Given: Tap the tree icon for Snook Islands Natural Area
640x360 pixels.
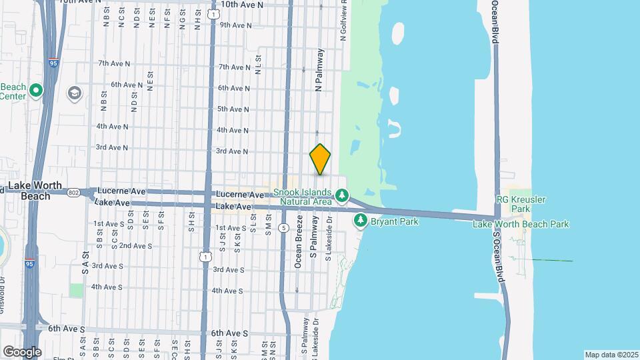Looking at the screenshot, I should point(342,195).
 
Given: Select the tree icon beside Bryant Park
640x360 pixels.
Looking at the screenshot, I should point(361,219).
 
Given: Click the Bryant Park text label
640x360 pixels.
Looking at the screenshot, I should point(395,221).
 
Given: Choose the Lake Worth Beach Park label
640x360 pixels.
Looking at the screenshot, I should point(521,224).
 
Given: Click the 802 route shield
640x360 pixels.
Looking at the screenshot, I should point(73,191).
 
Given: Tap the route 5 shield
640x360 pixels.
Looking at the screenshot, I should point(284,227).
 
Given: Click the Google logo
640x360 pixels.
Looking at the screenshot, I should point(22,351).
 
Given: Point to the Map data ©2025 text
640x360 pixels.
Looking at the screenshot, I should point(611,355).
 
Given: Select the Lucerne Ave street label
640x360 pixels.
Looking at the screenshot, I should point(120,191).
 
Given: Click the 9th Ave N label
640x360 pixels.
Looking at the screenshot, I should point(235,25).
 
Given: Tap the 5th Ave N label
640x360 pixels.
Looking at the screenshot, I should point(233,109).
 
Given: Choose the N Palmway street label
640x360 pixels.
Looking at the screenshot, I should point(319,69).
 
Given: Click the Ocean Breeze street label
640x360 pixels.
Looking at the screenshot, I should point(299,241).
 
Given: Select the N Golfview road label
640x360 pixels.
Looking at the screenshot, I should point(343,20).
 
